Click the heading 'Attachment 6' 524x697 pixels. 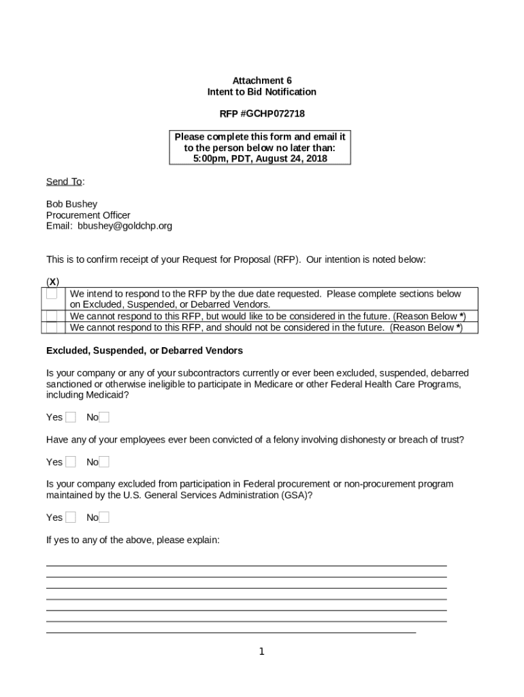point(261,80)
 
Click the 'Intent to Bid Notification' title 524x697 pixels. point(261,92)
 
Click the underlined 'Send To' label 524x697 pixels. point(64,181)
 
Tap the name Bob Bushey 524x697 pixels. point(71,204)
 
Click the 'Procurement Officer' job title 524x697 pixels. point(88,215)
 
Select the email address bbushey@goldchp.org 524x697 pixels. point(125,226)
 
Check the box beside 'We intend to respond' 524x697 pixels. point(52,295)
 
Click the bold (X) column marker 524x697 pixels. point(52,282)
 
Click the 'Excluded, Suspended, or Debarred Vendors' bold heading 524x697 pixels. point(144,351)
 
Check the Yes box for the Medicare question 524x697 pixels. point(71,417)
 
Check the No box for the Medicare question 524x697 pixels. point(104,417)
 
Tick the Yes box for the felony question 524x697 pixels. point(71,462)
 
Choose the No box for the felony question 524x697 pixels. point(104,462)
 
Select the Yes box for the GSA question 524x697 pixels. point(71,517)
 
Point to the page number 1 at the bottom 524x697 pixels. point(261,652)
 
